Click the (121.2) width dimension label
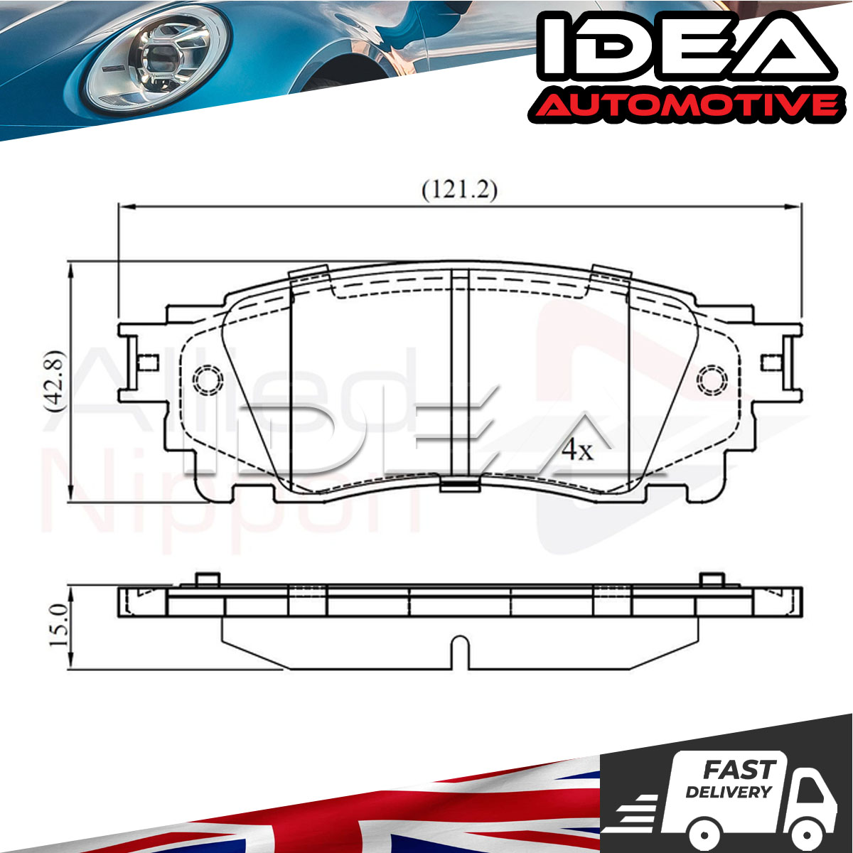coord(459,191)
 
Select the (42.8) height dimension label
coord(55,381)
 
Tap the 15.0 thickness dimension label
coord(59,626)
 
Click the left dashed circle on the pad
coord(208,380)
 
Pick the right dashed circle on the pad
coord(712,380)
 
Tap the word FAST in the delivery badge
coord(739,770)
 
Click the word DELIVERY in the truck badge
coord(729,792)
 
